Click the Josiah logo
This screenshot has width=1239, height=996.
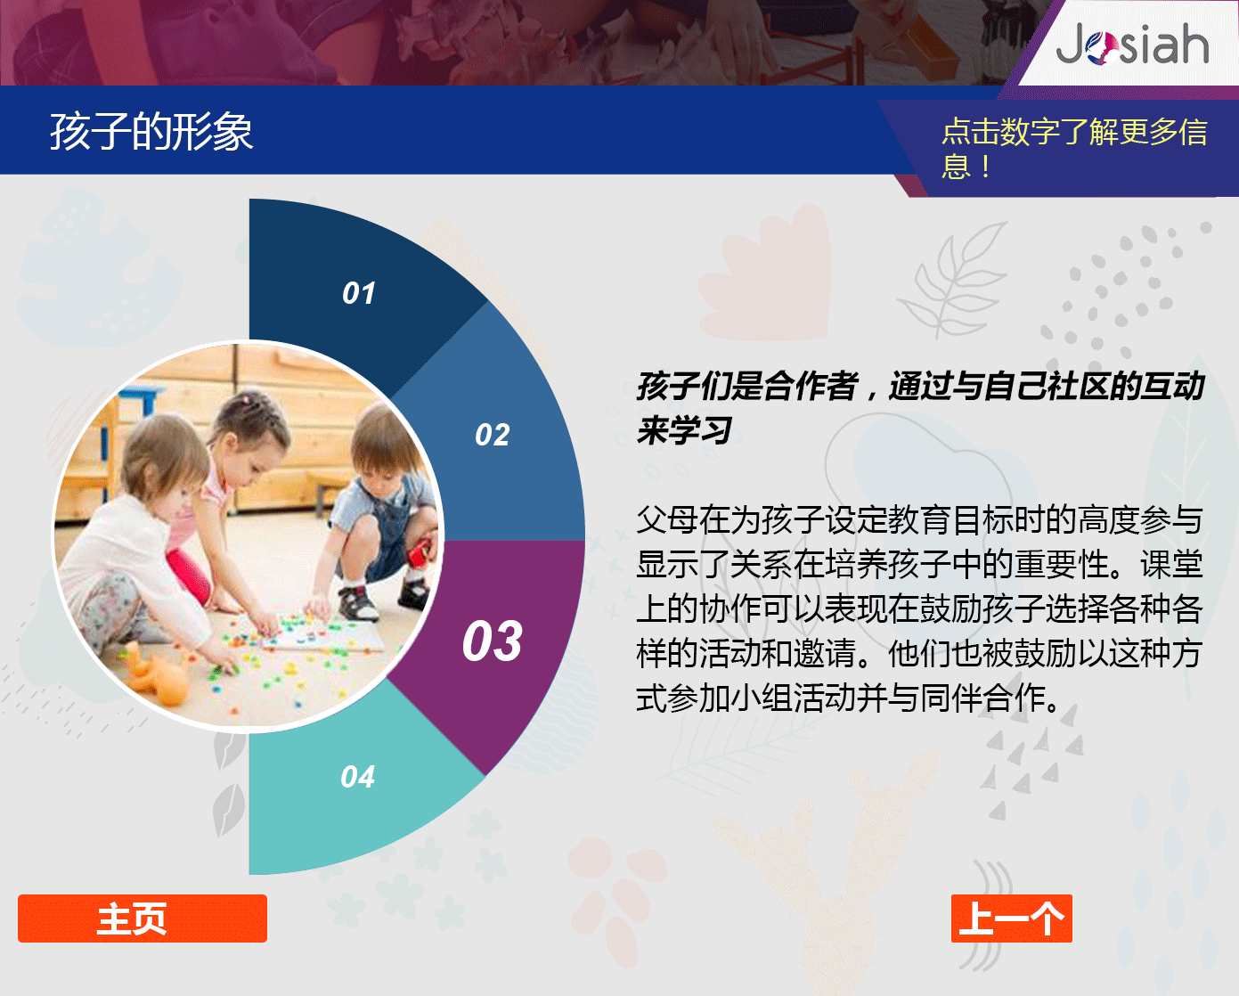(1132, 45)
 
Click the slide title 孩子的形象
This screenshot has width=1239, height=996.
(151, 132)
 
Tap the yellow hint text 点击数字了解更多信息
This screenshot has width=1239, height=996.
(1073, 149)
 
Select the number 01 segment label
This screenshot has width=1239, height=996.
(359, 293)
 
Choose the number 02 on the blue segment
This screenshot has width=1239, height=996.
(493, 435)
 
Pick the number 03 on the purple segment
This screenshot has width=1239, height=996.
(493, 641)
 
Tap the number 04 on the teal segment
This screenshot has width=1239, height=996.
(357, 777)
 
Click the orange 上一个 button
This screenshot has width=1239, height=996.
(1012, 918)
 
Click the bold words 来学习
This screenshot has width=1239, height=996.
(685, 430)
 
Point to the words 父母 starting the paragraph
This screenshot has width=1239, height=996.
(668, 519)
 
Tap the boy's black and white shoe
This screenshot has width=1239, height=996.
(358, 602)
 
